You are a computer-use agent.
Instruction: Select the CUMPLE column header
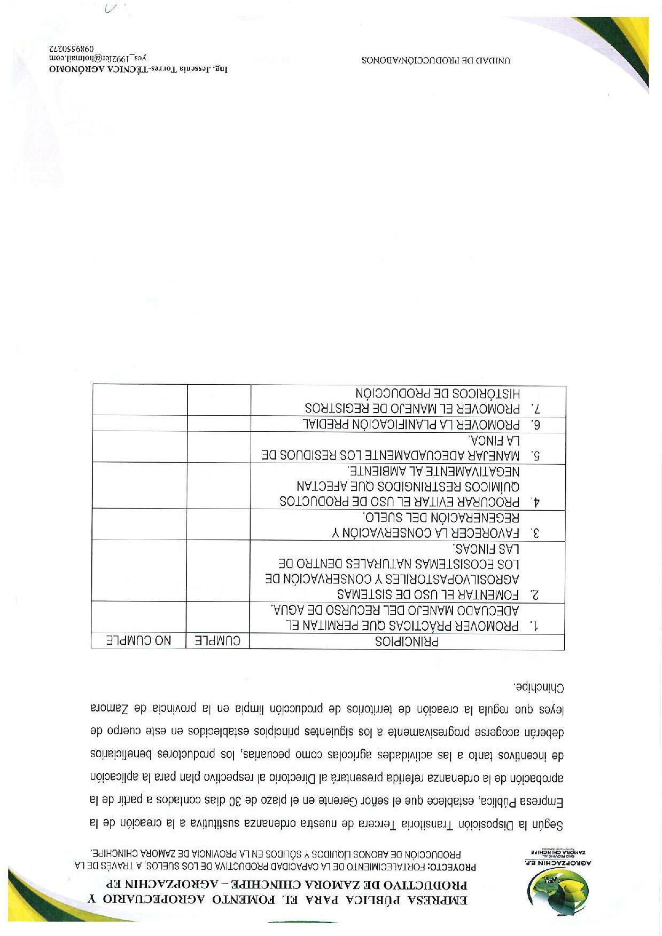217,641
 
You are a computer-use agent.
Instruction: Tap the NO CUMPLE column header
138,641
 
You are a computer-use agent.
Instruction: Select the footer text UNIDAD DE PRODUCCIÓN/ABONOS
436,60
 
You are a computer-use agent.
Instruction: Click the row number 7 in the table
536,409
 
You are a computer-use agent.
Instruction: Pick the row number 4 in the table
536,502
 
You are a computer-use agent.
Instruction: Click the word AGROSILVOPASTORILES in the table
463,580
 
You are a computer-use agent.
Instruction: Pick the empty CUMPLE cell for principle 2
218,572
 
